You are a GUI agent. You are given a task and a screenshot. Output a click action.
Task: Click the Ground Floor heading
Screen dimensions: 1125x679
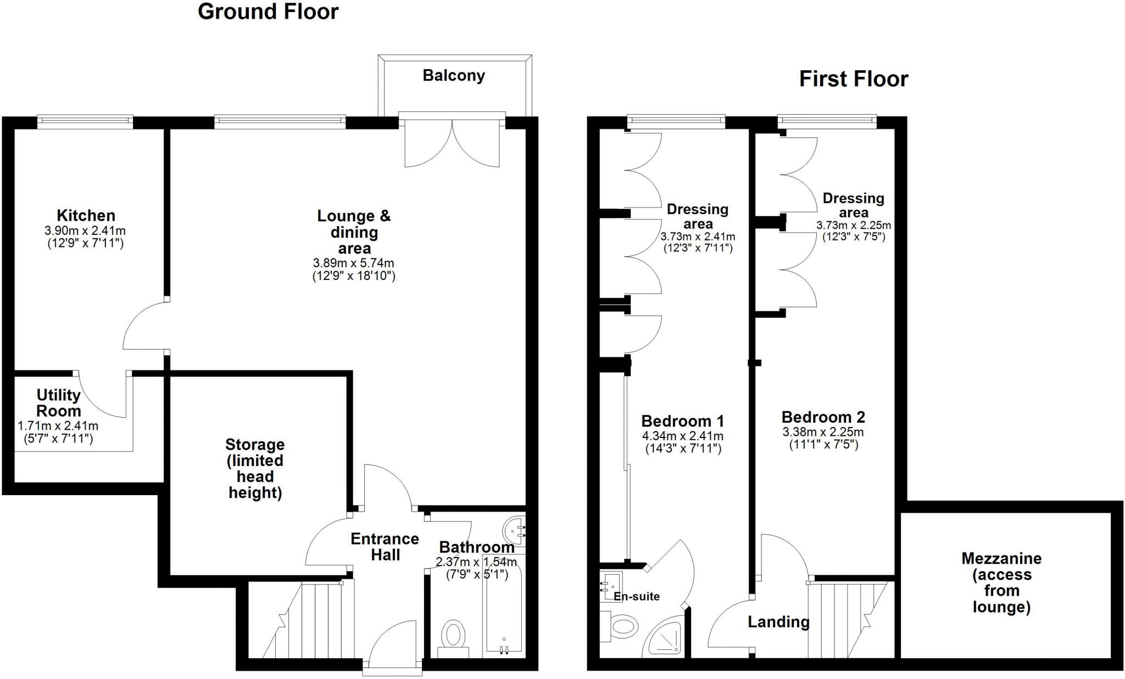tap(268, 12)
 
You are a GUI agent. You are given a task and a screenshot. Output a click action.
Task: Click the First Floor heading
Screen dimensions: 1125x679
tap(854, 79)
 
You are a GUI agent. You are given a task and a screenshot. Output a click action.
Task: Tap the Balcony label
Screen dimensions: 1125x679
tap(454, 75)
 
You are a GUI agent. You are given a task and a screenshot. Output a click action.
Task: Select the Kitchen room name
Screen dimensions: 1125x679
tap(86, 215)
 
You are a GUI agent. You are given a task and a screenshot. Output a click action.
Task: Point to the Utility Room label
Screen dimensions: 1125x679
tap(59, 403)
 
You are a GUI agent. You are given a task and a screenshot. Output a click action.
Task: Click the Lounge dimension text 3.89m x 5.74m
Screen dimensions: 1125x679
tap(354, 263)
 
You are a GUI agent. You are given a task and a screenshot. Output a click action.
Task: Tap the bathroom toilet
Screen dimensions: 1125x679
tap(453, 639)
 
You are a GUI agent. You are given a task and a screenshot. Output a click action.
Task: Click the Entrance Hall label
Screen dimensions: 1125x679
tap(385, 547)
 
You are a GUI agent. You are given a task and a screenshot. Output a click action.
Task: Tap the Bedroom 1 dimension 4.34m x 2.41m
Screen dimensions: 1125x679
tap(683, 436)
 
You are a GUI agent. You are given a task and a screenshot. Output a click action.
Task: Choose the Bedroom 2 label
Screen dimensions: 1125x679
tap(823, 417)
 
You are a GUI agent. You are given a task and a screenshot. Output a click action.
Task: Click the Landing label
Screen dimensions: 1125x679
tap(779, 622)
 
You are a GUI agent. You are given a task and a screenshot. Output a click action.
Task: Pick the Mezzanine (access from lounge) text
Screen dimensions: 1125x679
tap(1001, 583)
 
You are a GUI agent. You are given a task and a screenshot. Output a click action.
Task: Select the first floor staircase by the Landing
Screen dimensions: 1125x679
tap(849, 620)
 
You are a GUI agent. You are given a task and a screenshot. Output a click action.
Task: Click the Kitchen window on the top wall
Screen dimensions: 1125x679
tap(85, 122)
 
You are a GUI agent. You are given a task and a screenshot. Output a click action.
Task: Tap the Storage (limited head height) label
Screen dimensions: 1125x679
tap(255, 468)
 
